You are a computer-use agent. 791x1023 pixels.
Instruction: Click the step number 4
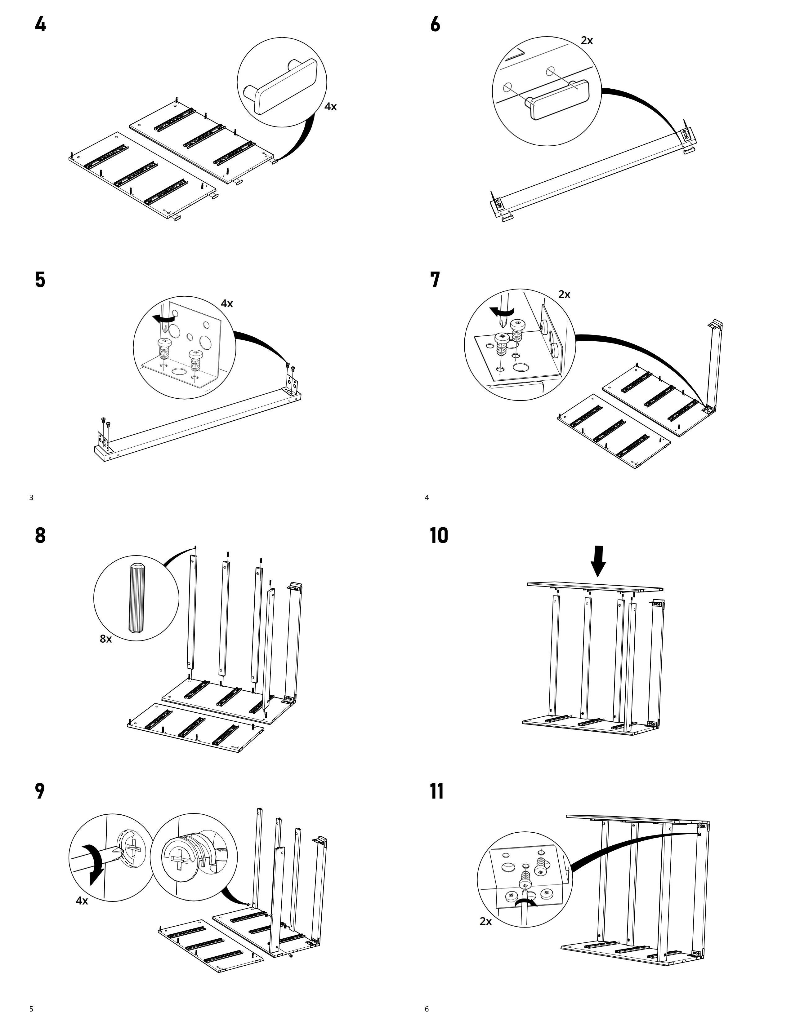click(x=40, y=24)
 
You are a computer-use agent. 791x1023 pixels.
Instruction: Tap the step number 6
click(x=435, y=24)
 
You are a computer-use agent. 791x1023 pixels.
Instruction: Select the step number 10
click(x=439, y=535)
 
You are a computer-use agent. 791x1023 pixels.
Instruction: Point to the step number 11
click(x=437, y=791)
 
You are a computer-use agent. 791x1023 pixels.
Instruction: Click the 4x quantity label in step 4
click(x=330, y=107)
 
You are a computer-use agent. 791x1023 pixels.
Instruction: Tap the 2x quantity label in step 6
click(x=587, y=41)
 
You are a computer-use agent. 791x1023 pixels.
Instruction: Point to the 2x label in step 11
click(x=485, y=921)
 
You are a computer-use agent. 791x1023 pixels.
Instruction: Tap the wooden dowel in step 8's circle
click(x=136, y=598)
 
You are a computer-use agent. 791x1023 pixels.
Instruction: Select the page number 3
click(x=31, y=498)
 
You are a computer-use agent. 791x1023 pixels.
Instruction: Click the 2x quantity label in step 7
click(x=564, y=294)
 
